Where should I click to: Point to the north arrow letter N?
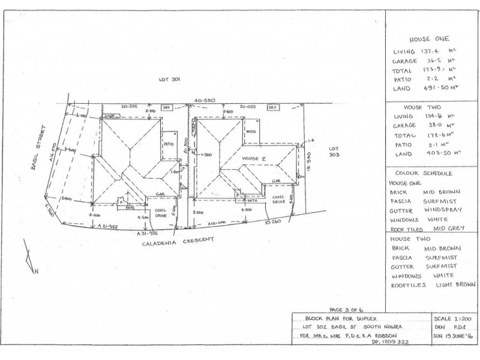37,271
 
